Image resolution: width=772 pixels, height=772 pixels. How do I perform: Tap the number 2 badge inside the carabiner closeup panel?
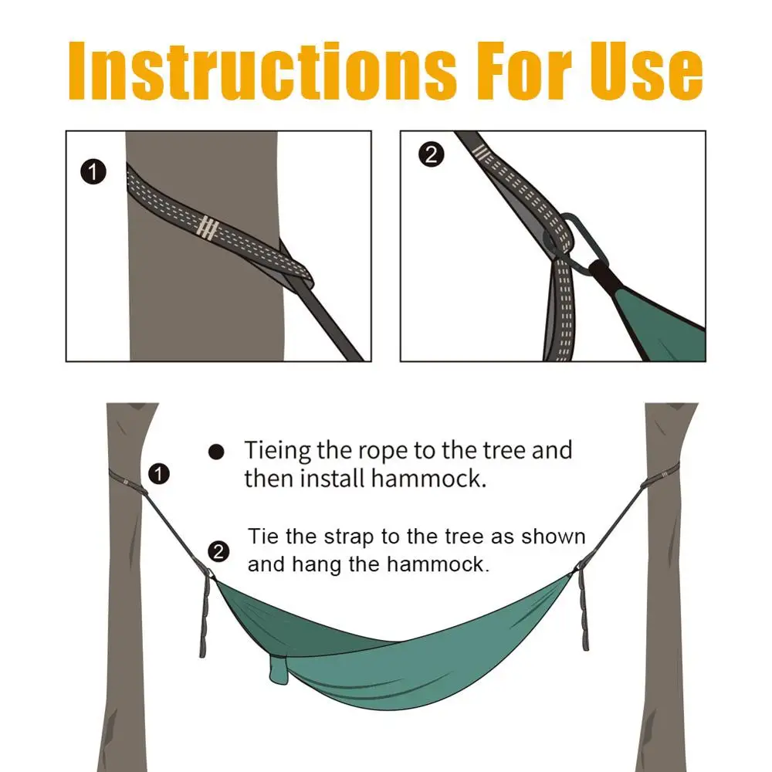tap(431, 154)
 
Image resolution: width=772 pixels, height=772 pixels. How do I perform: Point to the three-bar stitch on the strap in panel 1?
tap(207, 227)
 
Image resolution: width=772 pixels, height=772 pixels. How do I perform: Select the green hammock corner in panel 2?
tap(656, 317)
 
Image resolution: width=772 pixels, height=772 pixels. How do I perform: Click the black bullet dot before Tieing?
tap(217, 452)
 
